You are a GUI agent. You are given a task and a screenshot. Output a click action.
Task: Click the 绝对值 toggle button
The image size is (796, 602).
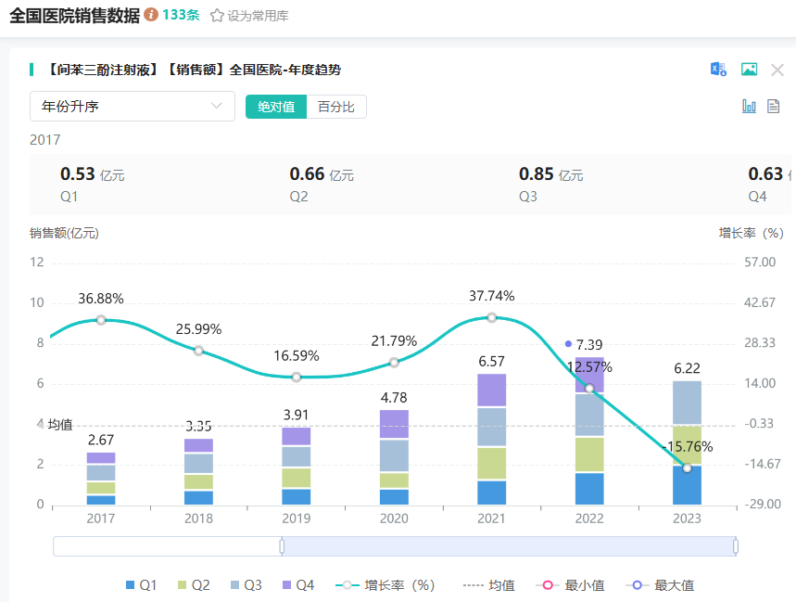(x=276, y=107)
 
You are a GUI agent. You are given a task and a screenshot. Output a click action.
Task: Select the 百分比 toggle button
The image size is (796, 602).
(x=336, y=107)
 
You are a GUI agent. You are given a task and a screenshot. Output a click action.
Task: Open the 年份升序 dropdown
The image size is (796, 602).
(x=132, y=107)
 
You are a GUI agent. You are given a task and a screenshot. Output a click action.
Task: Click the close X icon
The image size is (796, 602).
(x=777, y=70)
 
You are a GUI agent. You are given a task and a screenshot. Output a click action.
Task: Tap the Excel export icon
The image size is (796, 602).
(x=718, y=70)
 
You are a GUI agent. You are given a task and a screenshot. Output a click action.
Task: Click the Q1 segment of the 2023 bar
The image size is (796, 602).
(x=687, y=485)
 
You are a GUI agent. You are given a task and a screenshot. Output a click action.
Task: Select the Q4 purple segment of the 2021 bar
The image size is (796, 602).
(x=491, y=391)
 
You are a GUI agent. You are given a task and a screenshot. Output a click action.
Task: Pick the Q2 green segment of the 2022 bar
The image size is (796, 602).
(x=589, y=455)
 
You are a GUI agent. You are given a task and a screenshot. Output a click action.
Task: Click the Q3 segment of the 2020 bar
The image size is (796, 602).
(x=394, y=455)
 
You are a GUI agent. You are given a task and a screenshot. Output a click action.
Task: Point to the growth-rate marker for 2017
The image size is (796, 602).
(x=101, y=320)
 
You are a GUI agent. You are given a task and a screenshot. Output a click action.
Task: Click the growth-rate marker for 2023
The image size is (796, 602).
(x=687, y=468)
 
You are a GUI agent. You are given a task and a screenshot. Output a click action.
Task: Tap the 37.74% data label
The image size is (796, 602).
(x=491, y=296)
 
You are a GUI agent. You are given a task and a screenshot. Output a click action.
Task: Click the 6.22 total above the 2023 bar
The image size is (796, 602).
(x=687, y=368)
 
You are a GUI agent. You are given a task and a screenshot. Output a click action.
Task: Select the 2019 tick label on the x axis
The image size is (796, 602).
(x=297, y=519)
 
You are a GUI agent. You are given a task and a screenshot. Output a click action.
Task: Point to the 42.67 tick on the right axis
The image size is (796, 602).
(x=760, y=302)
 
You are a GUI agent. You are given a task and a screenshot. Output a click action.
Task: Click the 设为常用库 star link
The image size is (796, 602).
(x=249, y=16)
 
